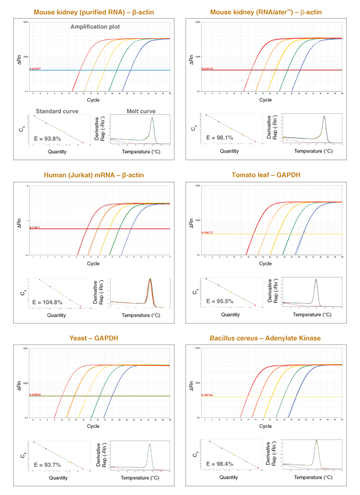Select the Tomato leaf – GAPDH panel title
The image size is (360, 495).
[x=265, y=175]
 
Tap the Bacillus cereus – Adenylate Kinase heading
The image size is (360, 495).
[x=265, y=338]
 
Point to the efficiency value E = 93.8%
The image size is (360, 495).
[x=48, y=139]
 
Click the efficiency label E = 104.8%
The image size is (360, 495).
[x=48, y=302]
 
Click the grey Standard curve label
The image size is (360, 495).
[x=57, y=111]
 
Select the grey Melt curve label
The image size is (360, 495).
[x=141, y=111]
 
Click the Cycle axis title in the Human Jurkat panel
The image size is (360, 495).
[x=93, y=264]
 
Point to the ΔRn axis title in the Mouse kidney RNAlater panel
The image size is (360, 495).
[x=192, y=58]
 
